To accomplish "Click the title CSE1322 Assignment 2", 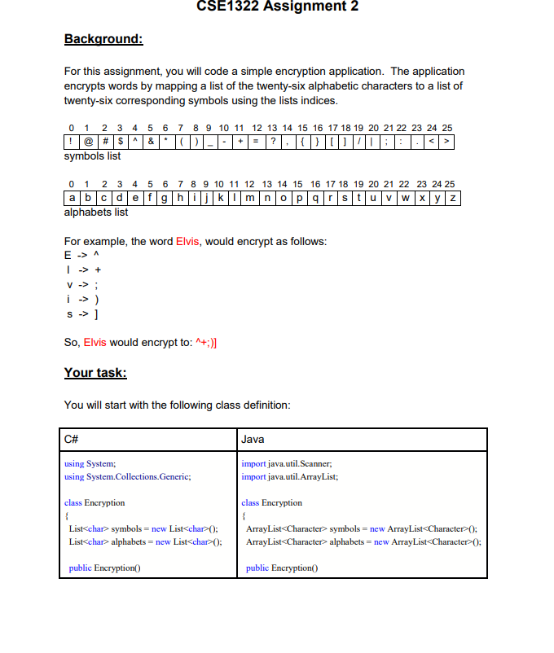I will click(x=277, y=7).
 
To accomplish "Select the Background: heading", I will click(x=103, y=39).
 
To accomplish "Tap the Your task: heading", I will click(x=95, y=373).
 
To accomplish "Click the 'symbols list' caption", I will click(x=92, y=156).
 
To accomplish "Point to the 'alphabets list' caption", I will click(x=96, y=212).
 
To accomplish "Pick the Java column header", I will click(x=253, y=439).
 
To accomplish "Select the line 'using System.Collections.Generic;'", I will click(x=128, y=476).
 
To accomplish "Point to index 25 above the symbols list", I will click(x=446, y=129).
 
